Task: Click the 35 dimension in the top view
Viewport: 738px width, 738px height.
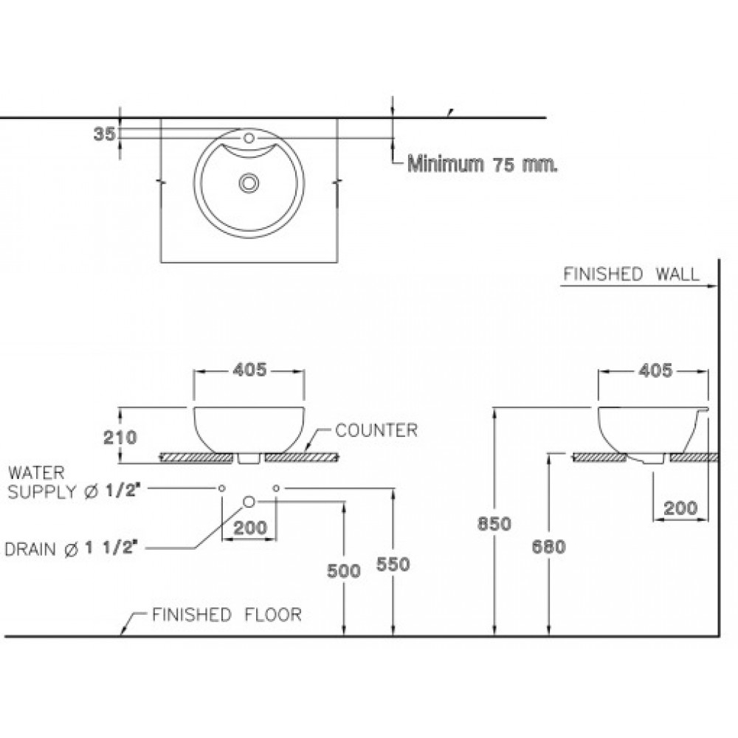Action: click(x=105, y=134)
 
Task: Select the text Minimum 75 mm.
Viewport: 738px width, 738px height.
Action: click(x=483, y=163)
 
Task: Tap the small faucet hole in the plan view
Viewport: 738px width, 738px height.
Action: click(x=249, y=137)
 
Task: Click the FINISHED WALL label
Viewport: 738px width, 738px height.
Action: click(x=631, y=275)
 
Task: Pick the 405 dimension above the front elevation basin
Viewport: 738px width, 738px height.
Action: click(x=249, y=370)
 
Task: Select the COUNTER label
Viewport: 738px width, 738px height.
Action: click(x=376, y=430)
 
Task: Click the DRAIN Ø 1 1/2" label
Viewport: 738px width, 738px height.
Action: click(x=72, y=548)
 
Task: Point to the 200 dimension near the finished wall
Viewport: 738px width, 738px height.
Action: click(x=680, y=508)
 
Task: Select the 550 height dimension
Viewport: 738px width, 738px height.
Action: click(x=393, y=563)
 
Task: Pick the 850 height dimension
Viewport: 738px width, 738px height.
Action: click(x=494, y=524)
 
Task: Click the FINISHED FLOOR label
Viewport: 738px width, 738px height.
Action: click(x=227, y=615)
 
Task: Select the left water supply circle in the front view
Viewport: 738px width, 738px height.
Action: click(x=221, y=488)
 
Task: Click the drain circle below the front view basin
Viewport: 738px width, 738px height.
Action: click(x=249, y=502)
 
